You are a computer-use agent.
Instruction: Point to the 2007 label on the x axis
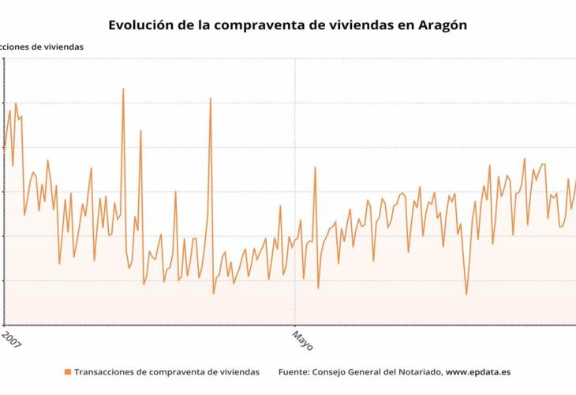pos(10,340)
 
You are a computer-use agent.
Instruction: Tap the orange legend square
pos(68,371)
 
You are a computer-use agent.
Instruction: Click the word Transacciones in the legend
pos(105,371)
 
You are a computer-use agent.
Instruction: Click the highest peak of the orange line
pos(123,88)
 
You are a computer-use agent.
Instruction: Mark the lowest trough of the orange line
pos(466,295)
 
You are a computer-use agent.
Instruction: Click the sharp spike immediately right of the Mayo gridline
pos(315,167)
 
